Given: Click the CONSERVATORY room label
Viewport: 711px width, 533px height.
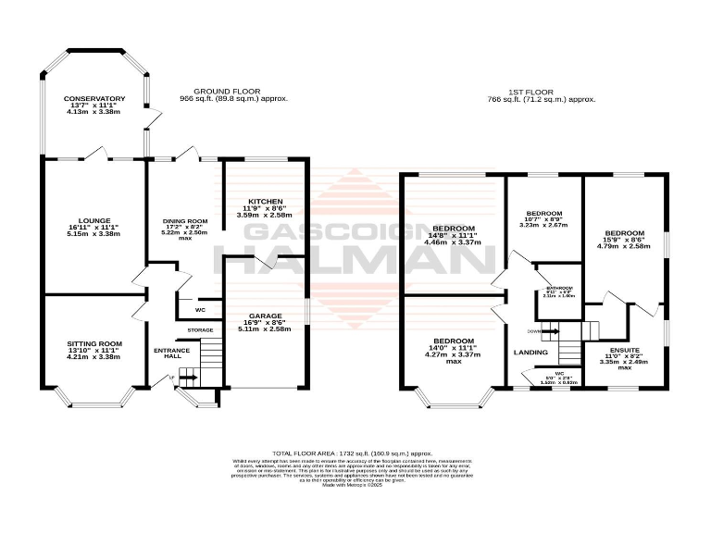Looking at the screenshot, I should [94, 99].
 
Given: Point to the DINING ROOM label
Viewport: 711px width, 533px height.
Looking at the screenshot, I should [185, 221].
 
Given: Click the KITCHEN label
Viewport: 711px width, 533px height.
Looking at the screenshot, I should [264, 201].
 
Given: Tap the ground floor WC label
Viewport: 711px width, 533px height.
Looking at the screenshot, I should [200, 309].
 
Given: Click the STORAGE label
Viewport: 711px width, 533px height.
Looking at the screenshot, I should [200, 330].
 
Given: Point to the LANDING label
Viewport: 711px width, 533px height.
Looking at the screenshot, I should [530, 353].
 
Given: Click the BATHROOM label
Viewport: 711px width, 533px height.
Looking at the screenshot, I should [558, 288].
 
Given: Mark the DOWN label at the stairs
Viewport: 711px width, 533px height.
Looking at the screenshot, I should [532, 329].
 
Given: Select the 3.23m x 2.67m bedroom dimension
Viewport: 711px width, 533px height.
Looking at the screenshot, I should [544, 224].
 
